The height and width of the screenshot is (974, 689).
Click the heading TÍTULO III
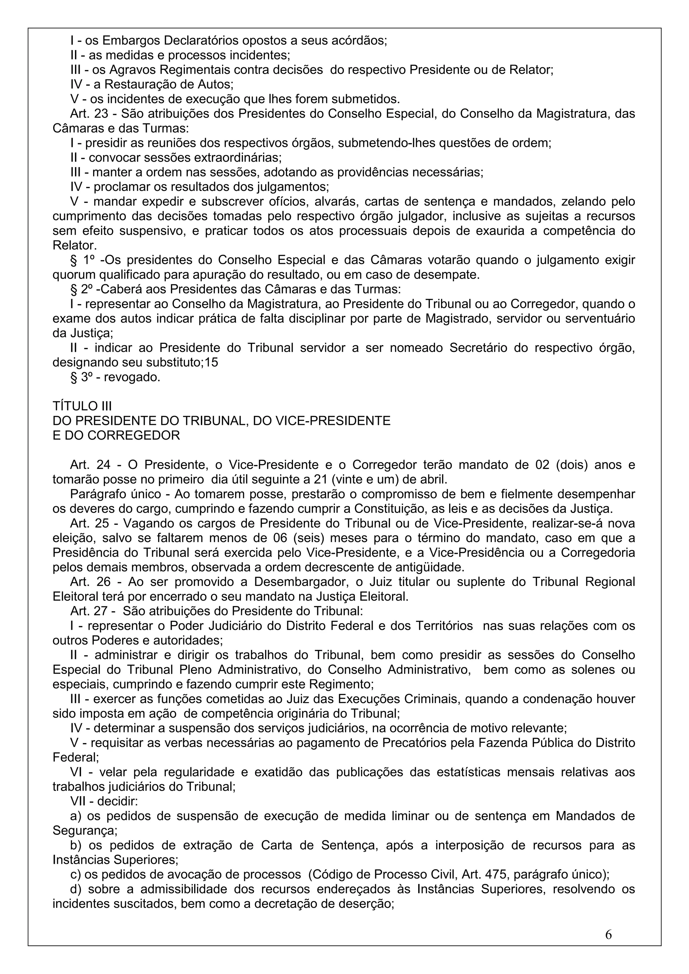[x=82, y=406]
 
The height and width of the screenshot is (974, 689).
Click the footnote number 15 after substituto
[x=211, y=363]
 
